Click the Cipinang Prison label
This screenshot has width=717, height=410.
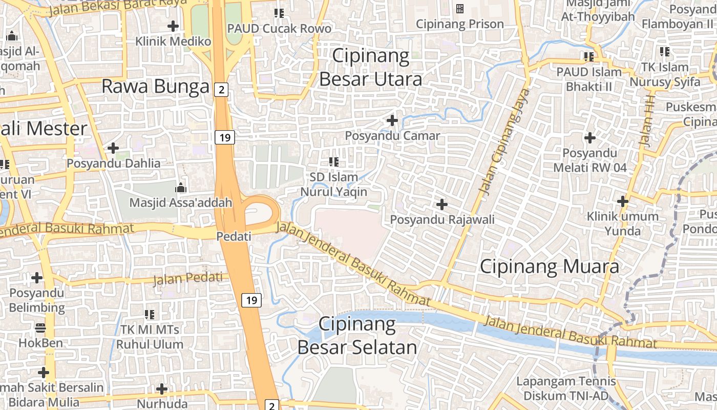[x=459, y=24]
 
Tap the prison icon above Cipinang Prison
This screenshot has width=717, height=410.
[x=459, y=9]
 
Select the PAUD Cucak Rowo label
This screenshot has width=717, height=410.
[x=279, y=29]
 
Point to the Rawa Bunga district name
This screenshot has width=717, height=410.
[x=156, y=87]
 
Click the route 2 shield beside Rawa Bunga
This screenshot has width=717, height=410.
[x=221, y=90]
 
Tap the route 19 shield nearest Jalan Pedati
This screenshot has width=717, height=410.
[x=251, y=300]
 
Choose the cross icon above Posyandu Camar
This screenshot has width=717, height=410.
[x=392, y=121]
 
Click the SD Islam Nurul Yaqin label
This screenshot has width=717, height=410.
[x=334, y=184]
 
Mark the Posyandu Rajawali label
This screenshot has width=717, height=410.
[x=442, y=219]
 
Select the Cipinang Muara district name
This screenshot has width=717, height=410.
[x=549, y=266]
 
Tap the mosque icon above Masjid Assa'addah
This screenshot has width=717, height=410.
[x=180, y=188]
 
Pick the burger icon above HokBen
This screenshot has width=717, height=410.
[x=40, y=327]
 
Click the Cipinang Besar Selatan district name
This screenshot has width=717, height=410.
[x=357, y=336]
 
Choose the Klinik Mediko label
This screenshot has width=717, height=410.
[x=173, y=42]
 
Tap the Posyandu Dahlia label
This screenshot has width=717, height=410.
[x=113, y=163]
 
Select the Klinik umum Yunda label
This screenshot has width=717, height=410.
[x=623, y=223]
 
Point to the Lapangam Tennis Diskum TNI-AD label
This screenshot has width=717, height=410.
[x=566, y=388]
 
